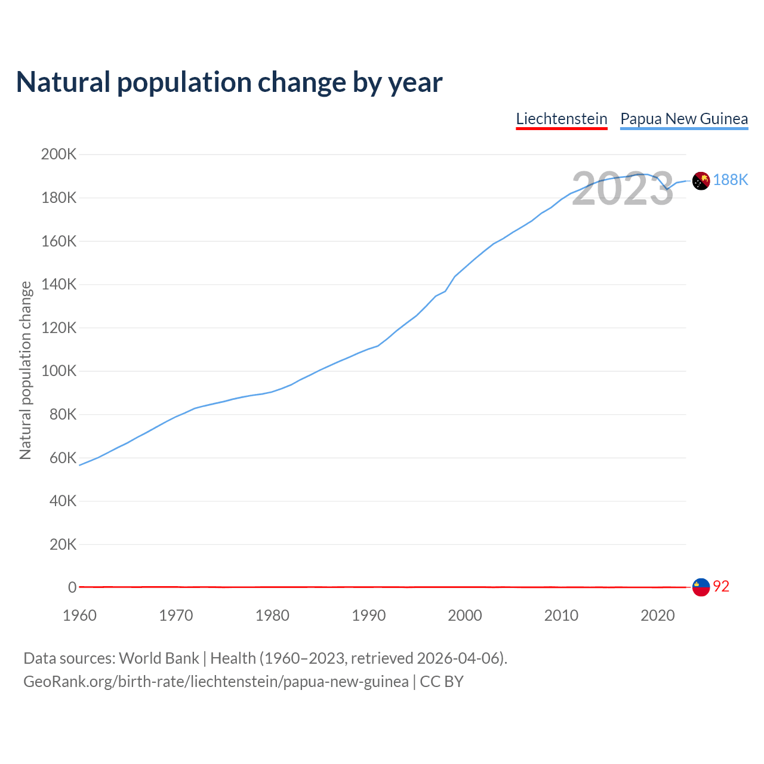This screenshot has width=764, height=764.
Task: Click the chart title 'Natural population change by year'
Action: point(229,82)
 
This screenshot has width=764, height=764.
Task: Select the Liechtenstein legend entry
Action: point(562,119)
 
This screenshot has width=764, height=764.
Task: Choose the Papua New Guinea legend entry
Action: point(684,119)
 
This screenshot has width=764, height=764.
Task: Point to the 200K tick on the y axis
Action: point(58,155)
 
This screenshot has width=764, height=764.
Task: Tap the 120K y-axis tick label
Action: point(58,328)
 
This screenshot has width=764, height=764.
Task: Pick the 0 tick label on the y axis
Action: point(72,587)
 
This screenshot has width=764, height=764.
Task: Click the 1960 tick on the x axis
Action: point(79,615)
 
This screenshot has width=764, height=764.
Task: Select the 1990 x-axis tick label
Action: point(368,615)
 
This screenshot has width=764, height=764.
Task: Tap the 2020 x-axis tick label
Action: point(657,615)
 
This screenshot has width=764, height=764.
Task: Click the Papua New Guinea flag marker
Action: point(701,180)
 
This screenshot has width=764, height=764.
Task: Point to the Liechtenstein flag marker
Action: point(701,587)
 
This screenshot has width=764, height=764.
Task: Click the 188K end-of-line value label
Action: point(731,180)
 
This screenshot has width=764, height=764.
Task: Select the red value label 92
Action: point(721,587)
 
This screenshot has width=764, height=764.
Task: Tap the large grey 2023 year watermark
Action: point(623,189)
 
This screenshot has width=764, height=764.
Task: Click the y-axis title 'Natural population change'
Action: point(26,371)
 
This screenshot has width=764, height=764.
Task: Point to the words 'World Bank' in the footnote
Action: point(159,658)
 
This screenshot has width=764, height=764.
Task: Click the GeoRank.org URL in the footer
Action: point(216,682)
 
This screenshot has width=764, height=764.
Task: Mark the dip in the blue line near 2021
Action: point(667,189)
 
